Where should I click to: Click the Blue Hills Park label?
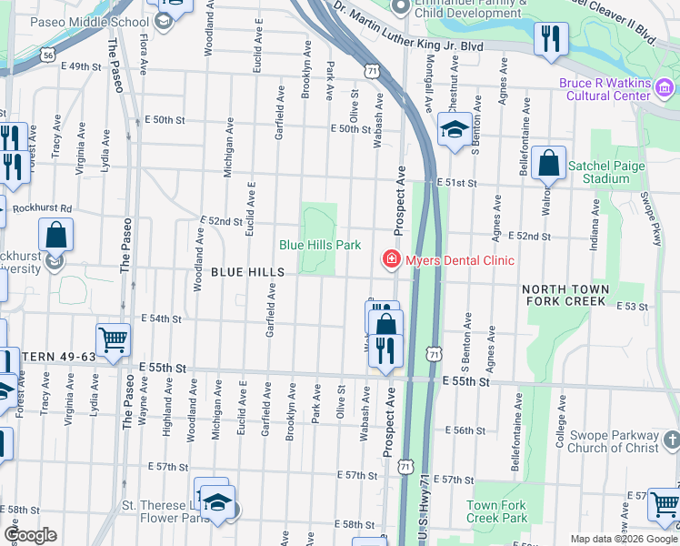(319, 245)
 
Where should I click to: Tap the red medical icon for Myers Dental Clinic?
(392, 261)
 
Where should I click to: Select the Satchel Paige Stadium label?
(598, 172)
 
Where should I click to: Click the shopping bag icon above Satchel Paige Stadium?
(548, 165)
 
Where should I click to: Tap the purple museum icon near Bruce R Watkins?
(665, 88)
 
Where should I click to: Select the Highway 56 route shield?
(47, 56)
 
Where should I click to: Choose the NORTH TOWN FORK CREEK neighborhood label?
(564, 295)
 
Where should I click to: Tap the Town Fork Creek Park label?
(496, 511)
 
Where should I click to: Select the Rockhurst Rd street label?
(37, 207)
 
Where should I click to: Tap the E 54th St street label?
(163, 318)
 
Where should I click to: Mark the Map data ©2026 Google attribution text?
(623, 539)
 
